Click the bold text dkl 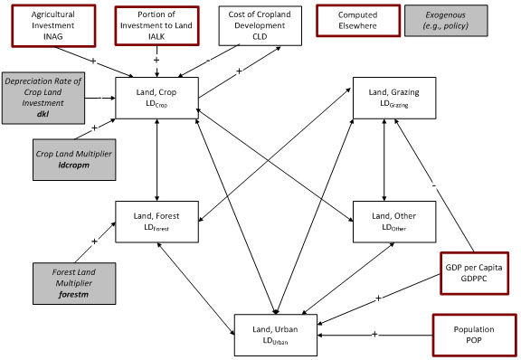(45, 116)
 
